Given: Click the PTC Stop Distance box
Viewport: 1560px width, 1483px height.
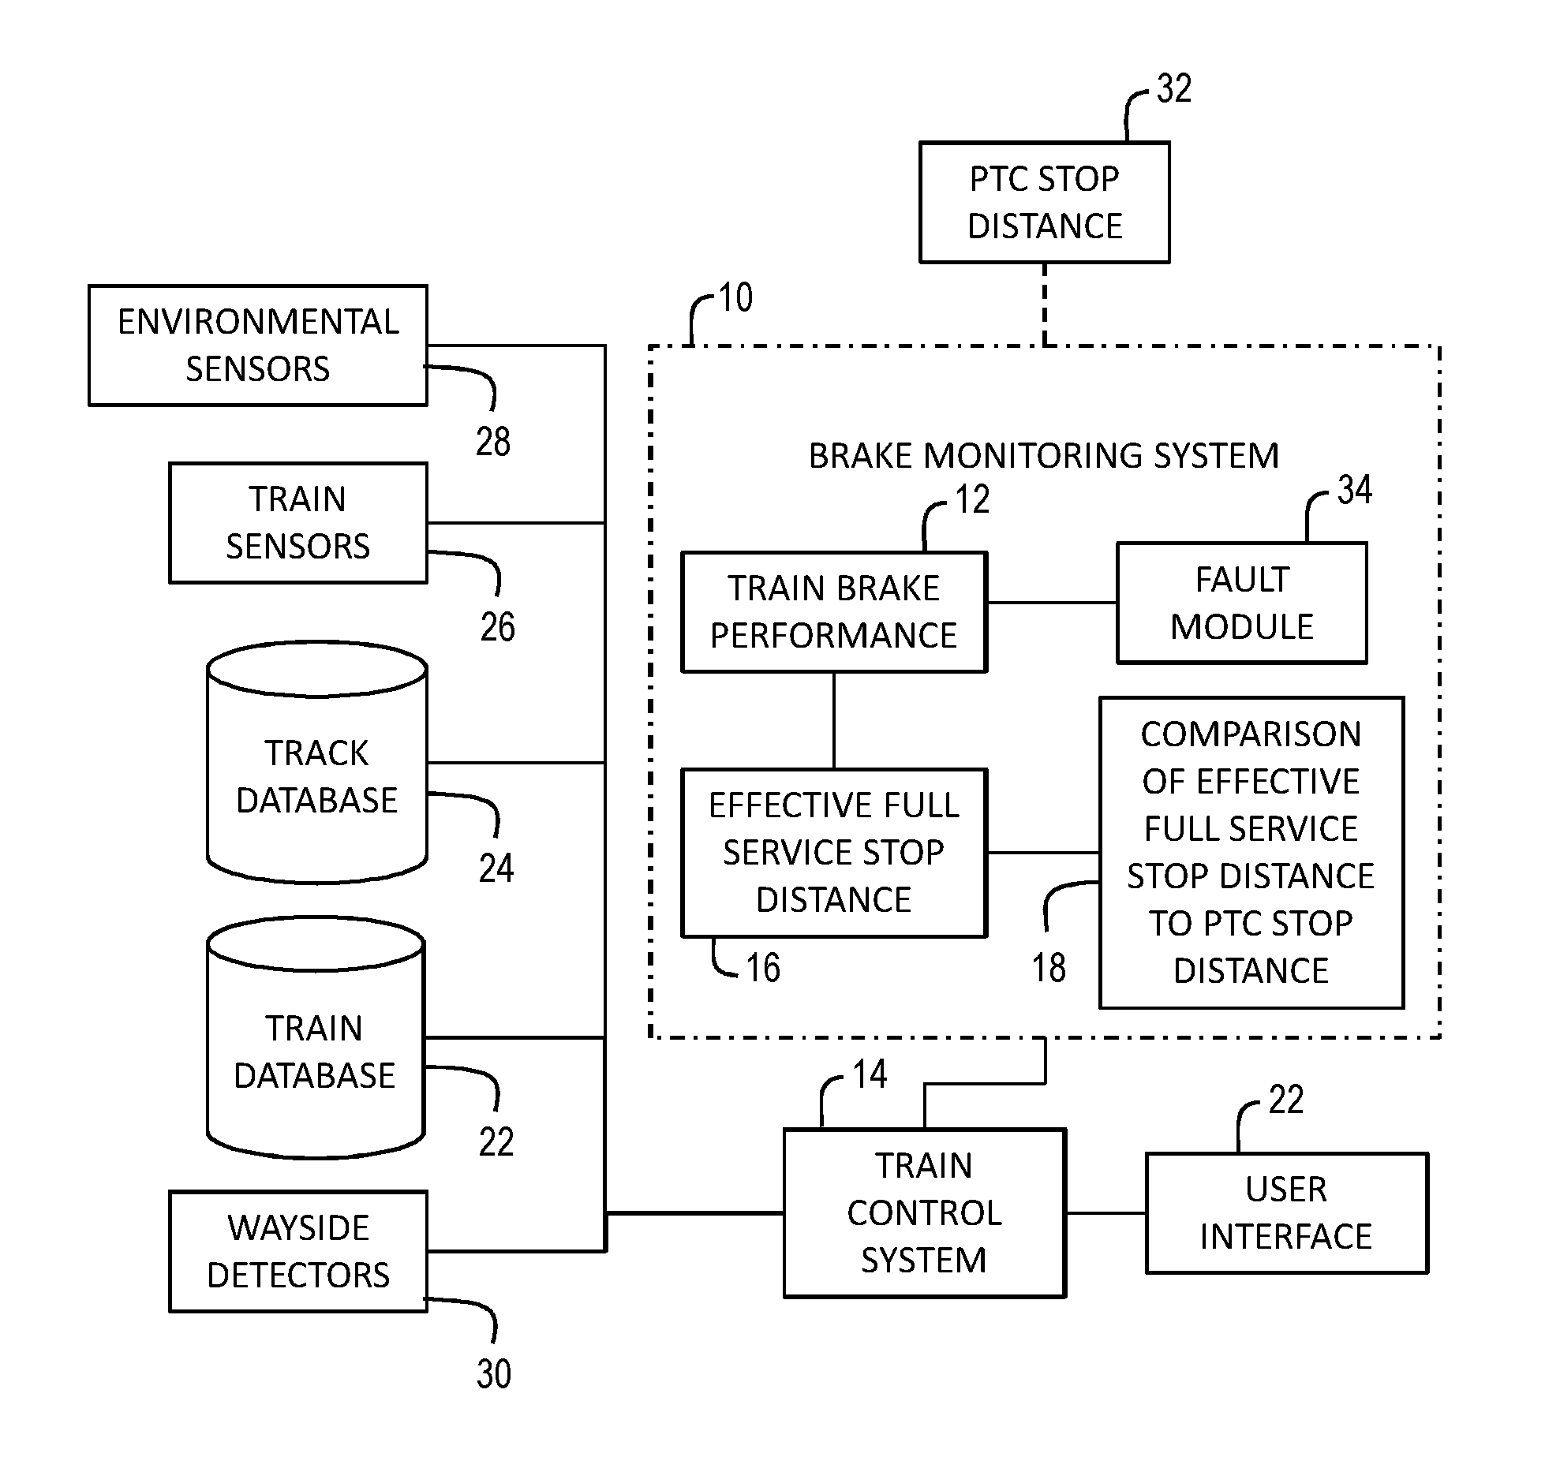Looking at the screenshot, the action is (x=1044, y=203).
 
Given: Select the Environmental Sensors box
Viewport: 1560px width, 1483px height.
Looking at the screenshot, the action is (x=258, y=346).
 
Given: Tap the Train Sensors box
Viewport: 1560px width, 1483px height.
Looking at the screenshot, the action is (x=298, y=523).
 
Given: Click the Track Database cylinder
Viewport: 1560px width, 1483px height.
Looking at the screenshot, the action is (x=317, y=763).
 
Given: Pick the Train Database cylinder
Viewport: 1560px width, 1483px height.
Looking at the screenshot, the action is (x=316, y=1038).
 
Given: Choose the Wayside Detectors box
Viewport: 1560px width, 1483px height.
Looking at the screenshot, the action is (x=298, y=1251).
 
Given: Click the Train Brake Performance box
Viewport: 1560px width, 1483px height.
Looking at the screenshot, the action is (x=834, y=612).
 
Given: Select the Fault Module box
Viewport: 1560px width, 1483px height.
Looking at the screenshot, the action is (x=1241, y=603).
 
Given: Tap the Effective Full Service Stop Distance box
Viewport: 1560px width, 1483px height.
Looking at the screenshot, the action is (x=834, y=853).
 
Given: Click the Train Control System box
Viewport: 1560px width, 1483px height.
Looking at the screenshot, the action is (x=924, y=1212).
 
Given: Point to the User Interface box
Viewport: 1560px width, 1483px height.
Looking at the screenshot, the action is (x=1286, y=1212).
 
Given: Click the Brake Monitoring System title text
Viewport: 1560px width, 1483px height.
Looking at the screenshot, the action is (x=1044, y=456).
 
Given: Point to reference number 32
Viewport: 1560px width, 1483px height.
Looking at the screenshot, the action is (x=1174, y=88).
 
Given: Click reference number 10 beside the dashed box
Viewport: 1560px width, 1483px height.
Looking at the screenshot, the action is (x=735, y=298).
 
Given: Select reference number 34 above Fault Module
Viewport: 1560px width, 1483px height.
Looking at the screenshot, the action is (x=1354, y=490).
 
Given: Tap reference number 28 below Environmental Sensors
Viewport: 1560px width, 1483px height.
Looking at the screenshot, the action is (x=492, y=441).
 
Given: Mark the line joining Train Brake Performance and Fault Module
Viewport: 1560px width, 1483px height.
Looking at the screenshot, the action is (x=1052, y=603).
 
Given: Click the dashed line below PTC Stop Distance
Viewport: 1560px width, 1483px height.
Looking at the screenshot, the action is (x=1045, y=304).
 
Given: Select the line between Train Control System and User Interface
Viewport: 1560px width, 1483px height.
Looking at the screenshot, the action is (x=1106, y=1212).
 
